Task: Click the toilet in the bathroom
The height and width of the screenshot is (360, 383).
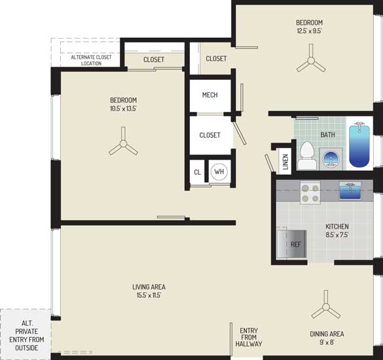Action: pyautogui.click(x=307, y=156)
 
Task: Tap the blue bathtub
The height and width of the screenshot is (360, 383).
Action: pyautogui.click(x=359, y=146)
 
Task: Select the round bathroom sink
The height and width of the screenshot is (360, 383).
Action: pyautogui.click(x=331, y=158)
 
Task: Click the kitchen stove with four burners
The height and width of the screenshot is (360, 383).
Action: pyautogui.click(x=310, y=192)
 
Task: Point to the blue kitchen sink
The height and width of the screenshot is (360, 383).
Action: pyautogui.click(x=350, y=190)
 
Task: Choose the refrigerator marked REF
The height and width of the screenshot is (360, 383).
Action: pyautogui.click(x=291, y=243)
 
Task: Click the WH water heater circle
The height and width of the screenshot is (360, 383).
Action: pyautogui.click(x=219, y=171)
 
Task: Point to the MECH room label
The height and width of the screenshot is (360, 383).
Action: pyautogui.click(x=210, y=95)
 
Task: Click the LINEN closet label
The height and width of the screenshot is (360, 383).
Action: pyautogui.click(x=285, y=162)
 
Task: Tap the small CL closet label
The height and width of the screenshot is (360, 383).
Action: pyautogui.click(x=197, y=172)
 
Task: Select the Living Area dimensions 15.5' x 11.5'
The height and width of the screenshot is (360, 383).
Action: pyautogui.click(x=149, y=295)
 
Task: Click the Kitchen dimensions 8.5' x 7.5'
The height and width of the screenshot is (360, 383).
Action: pyautogui.click(x=337, y=235)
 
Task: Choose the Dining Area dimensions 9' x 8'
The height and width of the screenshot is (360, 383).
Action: pyautogui.click(x=327, y=342)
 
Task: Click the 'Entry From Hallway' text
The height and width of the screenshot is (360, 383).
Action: pyautogui.click(x=249, y=337)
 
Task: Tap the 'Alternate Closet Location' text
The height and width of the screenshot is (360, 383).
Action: pyautogui.click(x=91, y=60)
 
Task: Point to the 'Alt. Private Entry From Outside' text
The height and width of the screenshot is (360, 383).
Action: pyautogui.click(x=27, y=336)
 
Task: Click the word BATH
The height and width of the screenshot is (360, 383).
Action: pyautogui.click(x=327, y=135)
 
